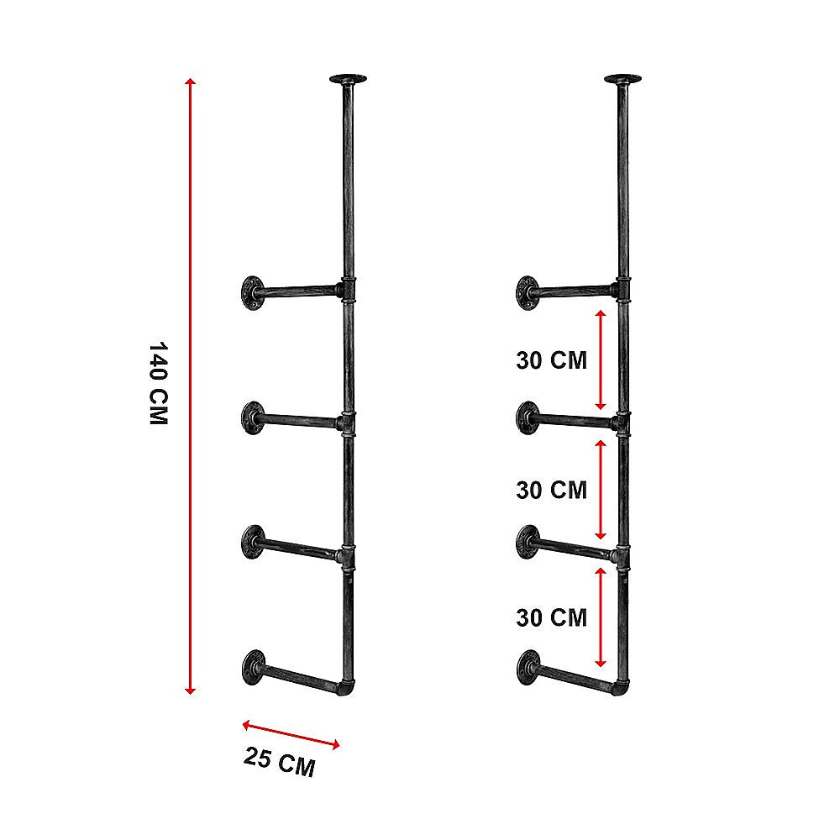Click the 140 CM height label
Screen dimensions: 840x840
(x=158, y=383)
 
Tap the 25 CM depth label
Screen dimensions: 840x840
(x=280, y=763)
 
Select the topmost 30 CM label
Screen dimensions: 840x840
(x=551, y=360)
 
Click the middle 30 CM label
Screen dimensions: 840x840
(x=551, y=489)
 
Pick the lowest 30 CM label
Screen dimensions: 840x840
(x=551, y=617)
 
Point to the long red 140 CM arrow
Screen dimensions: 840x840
(x=191, y=386)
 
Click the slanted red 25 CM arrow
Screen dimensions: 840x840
(x=291, y=734)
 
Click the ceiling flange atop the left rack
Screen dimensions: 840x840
(x=349, y=81)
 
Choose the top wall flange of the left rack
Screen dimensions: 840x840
(x=251, y=291)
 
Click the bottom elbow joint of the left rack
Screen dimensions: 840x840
(x=347, y=688)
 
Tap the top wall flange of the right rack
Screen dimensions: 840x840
(x=527, y=291)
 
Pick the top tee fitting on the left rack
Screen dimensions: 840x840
(x=349, y=290)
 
